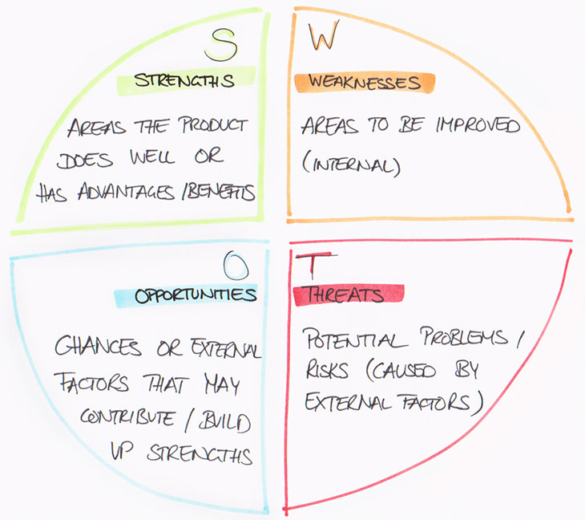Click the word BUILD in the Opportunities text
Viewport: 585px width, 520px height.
232,421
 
